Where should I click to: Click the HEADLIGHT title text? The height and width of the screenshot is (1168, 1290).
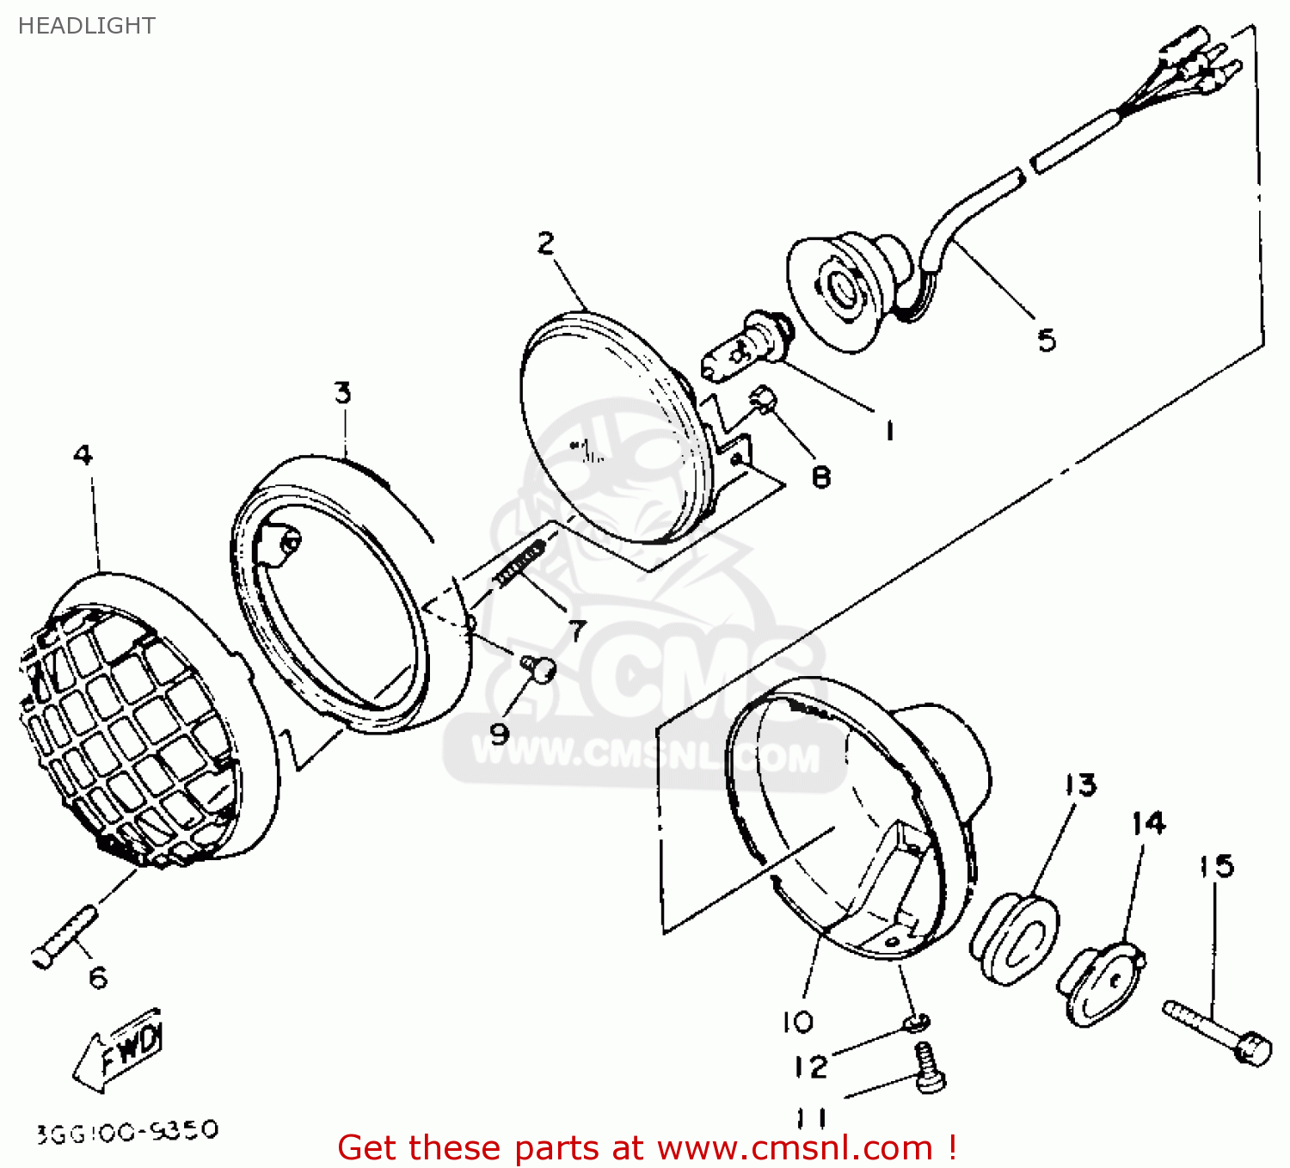coord(86,26)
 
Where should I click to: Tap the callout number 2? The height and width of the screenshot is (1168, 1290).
coord(546,243)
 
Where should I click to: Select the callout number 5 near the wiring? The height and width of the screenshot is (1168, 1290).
coord(1046,341)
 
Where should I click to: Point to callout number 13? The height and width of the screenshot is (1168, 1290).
coord(1080,784)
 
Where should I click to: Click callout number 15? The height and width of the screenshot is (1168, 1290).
coord(1216,866)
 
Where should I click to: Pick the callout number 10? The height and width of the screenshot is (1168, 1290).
coord(797,1022)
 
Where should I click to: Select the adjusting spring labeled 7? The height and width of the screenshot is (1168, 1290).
coord(519,563)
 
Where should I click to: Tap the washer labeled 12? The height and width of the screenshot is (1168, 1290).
coord(917,1023)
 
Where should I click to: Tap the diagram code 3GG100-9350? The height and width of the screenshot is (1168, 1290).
coord(127,1131)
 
